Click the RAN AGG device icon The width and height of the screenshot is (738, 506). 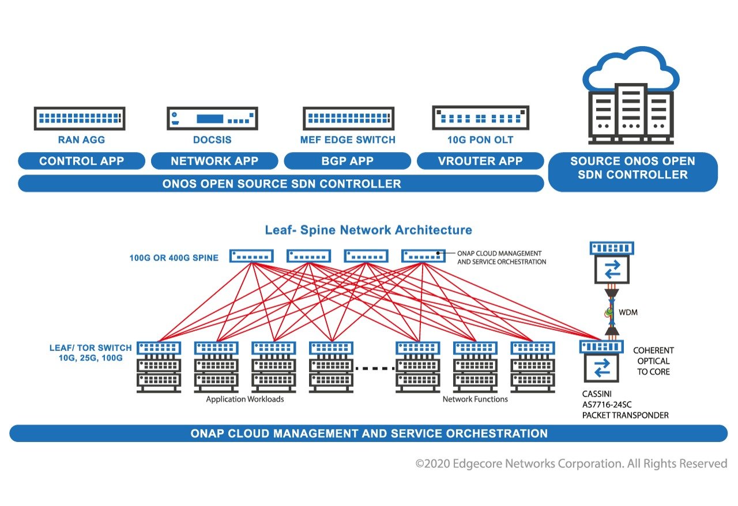coord(80,119)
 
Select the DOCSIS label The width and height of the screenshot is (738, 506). coord(212,140)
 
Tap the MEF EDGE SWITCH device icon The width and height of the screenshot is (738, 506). coord(348,119)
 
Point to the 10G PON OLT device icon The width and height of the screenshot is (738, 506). coord(480,118)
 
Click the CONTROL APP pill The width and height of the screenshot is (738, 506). coord(81,161)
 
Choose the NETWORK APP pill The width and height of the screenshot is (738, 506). coord(214,161)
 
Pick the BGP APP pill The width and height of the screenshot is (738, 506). coord(348,161)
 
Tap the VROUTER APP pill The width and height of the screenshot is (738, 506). coord(480,161)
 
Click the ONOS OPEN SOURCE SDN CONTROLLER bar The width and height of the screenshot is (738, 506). coord(281,184)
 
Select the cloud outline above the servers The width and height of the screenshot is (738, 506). coord(631,69)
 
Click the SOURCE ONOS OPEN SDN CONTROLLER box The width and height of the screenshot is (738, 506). coord(632,168)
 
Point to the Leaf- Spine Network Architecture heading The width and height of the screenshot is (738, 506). coord(368,231)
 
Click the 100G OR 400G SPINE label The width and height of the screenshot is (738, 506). coord(174,258)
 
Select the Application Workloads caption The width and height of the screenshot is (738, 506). coord(245,399)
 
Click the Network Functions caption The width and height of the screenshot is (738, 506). coord(475,399)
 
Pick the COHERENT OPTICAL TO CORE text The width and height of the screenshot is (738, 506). coord(653,361)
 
